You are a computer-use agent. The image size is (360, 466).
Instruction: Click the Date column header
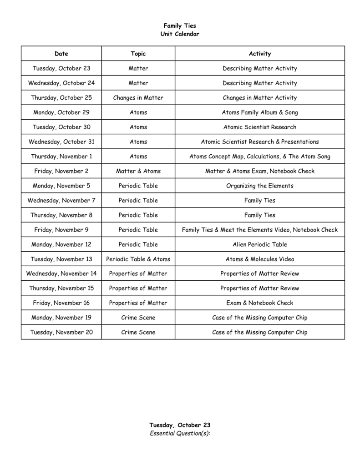pyautogui.click(x=61, y=54)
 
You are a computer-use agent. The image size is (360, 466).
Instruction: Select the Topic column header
pyautogui.click(x=138, y=54)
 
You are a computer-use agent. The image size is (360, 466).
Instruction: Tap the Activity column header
pyautogui.click(x=259, y=54)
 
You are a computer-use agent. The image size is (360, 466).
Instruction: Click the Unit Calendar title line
pyautogui.click(x=180, y=34)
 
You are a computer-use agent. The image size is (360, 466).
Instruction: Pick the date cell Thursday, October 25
pyautogui.click(x=61, y=98)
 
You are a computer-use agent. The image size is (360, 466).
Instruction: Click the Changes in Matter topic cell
pyautogui.click(x=138, y=98)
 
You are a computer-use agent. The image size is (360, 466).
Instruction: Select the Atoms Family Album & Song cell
pyautogui.click(x=259, y=112)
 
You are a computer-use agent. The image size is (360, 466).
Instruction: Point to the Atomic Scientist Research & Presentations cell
pyautogui.click(x=259, y=142)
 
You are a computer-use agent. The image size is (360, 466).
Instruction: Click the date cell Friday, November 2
pyautogui.click(x=61, y=171)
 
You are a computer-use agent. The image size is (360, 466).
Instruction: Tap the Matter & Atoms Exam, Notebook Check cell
pyautogui.click(x=259, y=171)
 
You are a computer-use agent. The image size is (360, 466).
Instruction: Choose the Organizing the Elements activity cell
pyautogui.click(x=259, y=186)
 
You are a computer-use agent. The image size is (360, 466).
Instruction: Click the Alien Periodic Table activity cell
pyautogui.click(x=259, y=244)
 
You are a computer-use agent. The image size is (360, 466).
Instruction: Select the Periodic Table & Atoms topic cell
pyautogui.click(x=138, y=259)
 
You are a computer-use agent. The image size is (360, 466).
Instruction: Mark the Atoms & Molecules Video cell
pyautogui.click(x=259, y=259)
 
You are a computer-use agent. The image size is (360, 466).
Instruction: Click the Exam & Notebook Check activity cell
pyautogui.click(x=259, y=303)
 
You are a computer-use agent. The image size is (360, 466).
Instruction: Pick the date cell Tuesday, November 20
pyautogui.click(x=61, y=332)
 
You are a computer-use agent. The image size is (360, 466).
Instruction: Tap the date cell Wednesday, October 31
pyautogui.click(x=61, y=142)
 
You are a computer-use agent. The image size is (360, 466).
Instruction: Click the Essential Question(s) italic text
pyautogui.click(x=180, y=433)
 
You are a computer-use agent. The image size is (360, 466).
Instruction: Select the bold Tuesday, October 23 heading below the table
pyautogui.click(x=180, y=425)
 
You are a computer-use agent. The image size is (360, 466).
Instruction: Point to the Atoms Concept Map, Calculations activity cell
pyautogui.click(x=259, y=157)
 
